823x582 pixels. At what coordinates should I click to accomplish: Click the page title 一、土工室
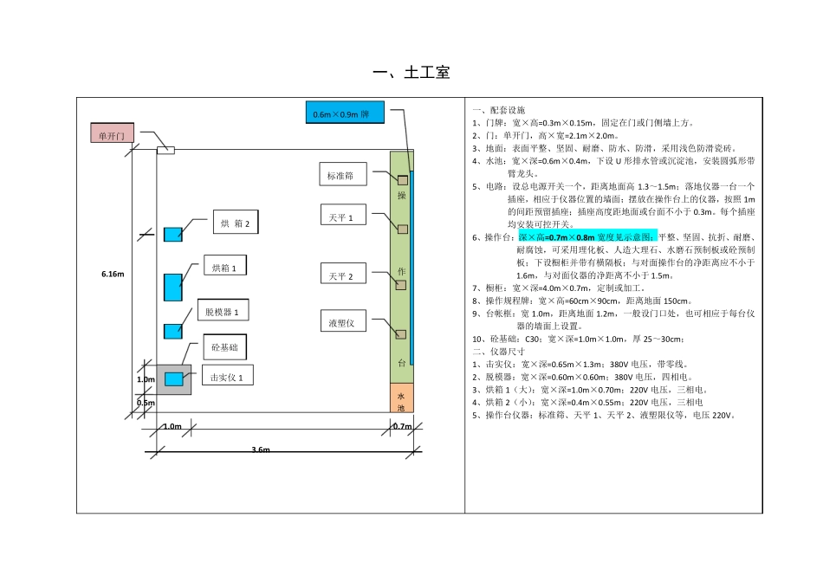point(411,73)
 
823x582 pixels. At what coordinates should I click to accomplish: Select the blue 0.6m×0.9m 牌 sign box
point(344,113)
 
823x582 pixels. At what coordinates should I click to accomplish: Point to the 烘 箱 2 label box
point(236,223)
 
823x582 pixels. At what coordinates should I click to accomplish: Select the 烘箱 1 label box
point(224,268)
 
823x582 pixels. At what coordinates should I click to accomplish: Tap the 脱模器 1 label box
point(223,310)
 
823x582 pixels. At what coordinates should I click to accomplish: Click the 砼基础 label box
point(224,347)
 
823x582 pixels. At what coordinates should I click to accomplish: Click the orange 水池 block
point(402,398)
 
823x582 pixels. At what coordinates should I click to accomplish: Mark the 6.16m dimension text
point(113,274)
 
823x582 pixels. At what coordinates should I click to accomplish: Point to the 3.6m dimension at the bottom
point(261,449)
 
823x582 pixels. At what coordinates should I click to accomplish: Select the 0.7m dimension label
point(402,426)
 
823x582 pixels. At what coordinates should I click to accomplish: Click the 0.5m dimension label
point(145,403)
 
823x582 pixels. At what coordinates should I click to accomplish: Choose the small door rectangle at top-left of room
point(165,151)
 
